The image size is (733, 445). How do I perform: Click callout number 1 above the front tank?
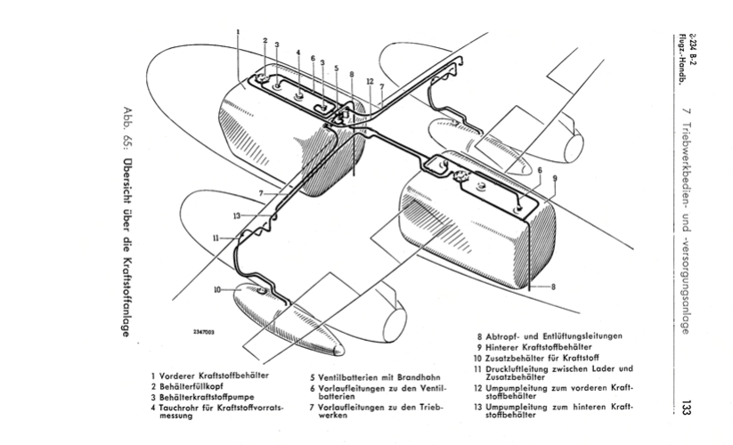coord(239,31)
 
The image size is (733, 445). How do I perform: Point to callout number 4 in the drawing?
coord(298,52)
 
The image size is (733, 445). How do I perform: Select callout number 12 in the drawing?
coord(368,81)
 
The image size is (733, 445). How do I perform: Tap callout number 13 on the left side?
coord(237,214)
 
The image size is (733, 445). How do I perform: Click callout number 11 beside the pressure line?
coord(216,238)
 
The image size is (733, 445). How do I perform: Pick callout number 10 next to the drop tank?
coord(216,289)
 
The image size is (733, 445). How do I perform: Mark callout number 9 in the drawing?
coord(554,178)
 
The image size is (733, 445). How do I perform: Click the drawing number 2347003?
coord(203,331)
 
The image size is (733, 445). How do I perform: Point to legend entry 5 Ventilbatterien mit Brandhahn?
coord(377,376)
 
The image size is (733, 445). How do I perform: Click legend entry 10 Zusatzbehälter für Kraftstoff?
coord(542,357)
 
